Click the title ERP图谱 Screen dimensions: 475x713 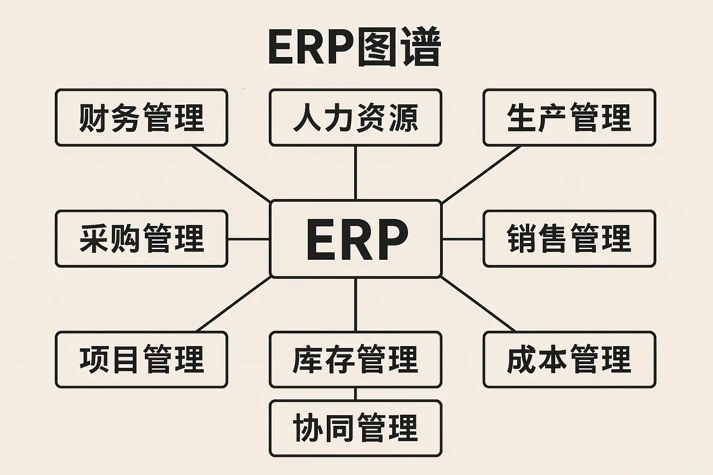[354, 48]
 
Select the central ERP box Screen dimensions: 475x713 [356, 239]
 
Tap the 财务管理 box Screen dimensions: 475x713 [142, 118]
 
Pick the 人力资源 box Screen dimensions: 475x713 [356, 118]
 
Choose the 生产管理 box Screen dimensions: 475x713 [569, 118]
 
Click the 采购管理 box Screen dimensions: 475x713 [142, 238]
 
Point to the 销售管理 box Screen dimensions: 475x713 [569, 238]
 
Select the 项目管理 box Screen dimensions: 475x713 [142, 359]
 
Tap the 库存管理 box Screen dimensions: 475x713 [356, 359]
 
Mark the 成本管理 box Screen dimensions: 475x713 [569, 359]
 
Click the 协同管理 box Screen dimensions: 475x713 [356, 428]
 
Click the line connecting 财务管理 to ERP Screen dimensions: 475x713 [232, 174]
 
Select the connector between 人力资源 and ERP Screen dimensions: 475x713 [356, 173]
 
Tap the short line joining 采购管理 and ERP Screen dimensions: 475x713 [249, 239]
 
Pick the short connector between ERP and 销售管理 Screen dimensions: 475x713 [462, 239]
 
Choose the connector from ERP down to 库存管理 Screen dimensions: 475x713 [356, 304]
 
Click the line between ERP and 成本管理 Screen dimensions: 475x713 [478, 304]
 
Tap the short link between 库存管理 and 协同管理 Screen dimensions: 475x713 [356, 394]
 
